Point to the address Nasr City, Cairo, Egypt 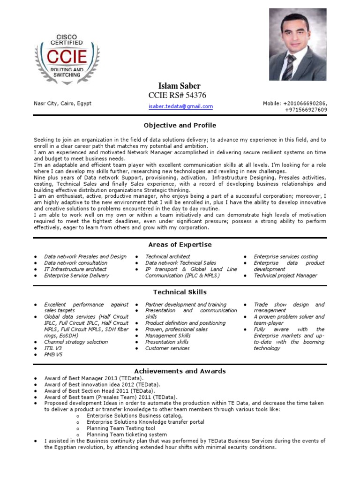point(63,104)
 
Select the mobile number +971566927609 point(306,110)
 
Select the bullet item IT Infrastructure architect point(75,269)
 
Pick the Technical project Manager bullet point(285,276)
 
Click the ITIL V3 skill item point(53,348)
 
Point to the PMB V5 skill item point(53,354)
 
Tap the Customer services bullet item point(167,348)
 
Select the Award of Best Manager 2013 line point(94,378)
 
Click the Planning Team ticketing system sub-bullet point(127,435)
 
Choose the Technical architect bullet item point(167,256)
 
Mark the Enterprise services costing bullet point(285,256)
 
